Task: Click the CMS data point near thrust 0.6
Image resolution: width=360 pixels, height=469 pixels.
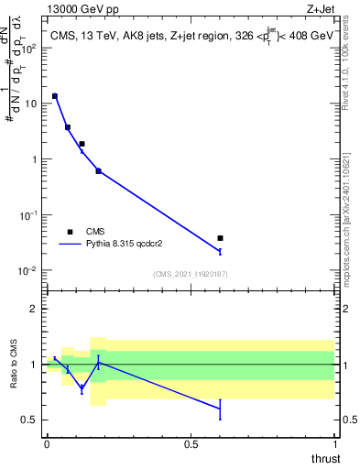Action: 220,238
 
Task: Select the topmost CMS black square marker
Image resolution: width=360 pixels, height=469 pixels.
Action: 55,96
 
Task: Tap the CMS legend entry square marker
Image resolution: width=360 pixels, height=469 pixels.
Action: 70,232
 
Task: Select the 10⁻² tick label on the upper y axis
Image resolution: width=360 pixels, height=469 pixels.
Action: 31,271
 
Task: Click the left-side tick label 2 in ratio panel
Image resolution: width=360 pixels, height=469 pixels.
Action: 35,309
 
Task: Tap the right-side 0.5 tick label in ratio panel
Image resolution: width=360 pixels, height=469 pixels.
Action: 349,420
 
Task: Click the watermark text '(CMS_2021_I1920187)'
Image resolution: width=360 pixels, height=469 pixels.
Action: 191,274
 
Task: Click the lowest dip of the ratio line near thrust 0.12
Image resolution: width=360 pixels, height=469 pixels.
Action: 82,388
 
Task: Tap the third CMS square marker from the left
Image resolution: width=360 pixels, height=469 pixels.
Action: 82,144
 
